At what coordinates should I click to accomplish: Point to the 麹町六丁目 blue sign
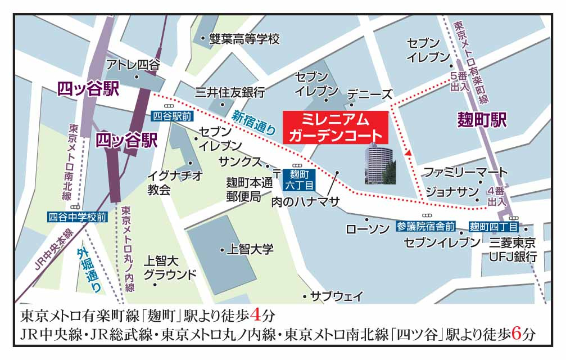[296, 179]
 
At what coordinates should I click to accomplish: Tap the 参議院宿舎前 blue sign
[425, 226]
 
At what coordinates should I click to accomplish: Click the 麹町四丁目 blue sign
[493, 227]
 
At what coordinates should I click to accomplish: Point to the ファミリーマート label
[465, 171]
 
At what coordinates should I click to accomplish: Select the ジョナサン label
[452, 191]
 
